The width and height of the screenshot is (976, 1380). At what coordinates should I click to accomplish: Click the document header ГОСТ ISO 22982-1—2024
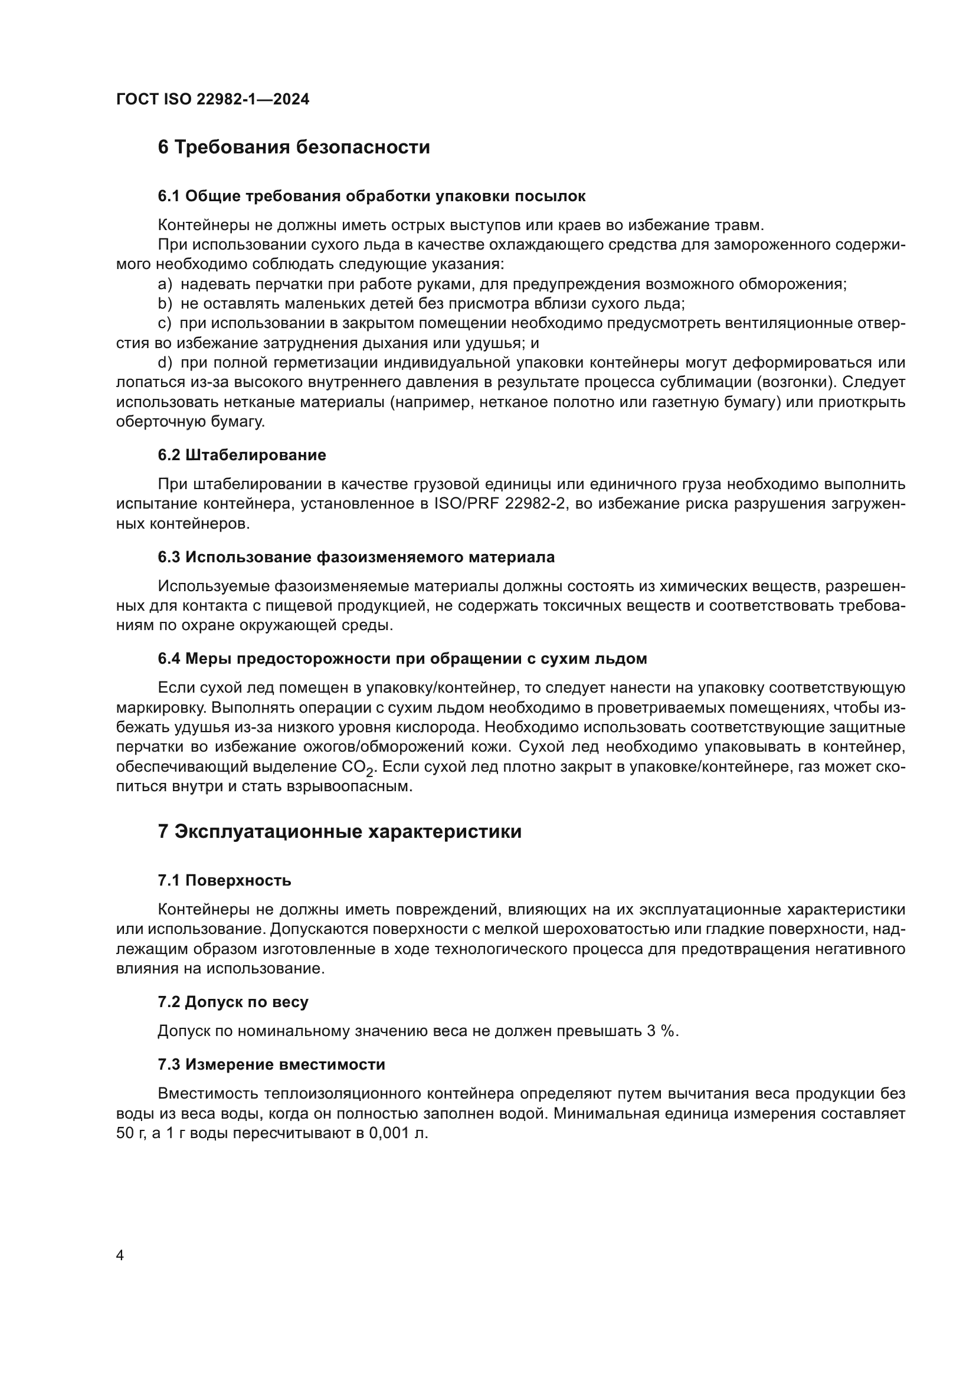(212, 99)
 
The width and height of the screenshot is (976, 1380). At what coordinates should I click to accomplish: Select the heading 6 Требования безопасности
(293, 147)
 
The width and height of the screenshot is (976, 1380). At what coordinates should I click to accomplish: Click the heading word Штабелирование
(256, 455)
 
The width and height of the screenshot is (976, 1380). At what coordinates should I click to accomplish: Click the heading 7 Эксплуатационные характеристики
(339, 832)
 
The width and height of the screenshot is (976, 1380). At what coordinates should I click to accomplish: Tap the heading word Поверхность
(238, 880)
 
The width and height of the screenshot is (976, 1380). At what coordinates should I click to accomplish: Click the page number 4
(120, 1256)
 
